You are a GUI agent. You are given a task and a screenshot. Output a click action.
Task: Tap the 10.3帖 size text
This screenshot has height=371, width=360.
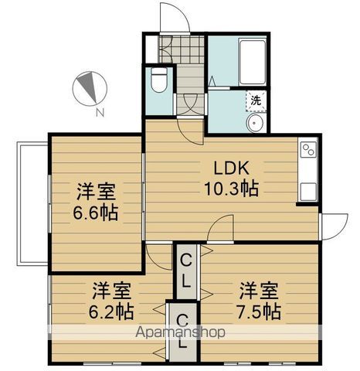point(230,188)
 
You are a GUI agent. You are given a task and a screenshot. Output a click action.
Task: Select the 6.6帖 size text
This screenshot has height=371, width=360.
point(97,212)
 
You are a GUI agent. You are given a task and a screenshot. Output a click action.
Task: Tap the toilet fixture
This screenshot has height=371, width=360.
point(159,80)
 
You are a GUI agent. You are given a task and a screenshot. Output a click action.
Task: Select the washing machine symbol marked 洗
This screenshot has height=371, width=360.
point(255,100)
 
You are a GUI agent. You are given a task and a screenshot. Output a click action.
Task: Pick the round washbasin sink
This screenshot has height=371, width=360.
point(255,125)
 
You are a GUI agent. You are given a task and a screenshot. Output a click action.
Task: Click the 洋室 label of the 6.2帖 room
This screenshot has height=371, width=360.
point(113,291)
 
